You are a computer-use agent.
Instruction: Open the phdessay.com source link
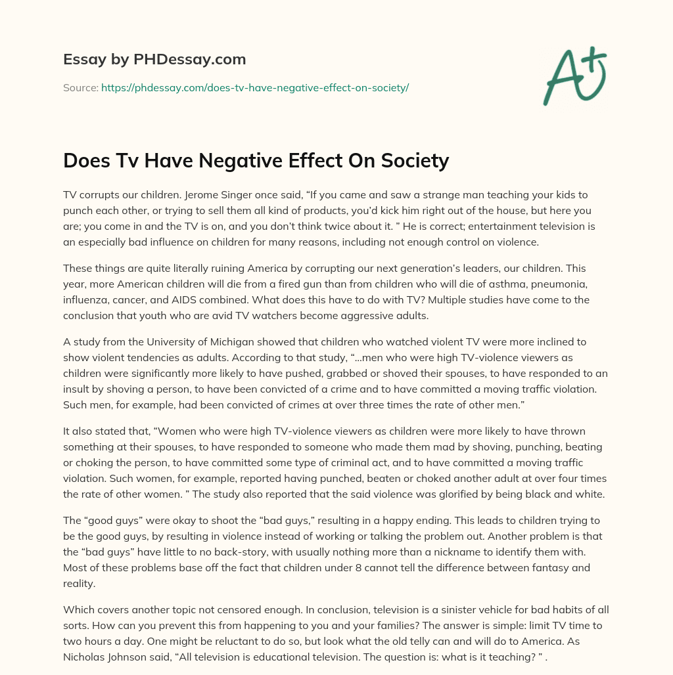pyautogui.click(x=255, y=87)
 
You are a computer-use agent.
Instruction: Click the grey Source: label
pyautogui.click(x=81, y=87)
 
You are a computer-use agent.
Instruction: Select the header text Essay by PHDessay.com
pyautogui.click(x=154, y=60)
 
